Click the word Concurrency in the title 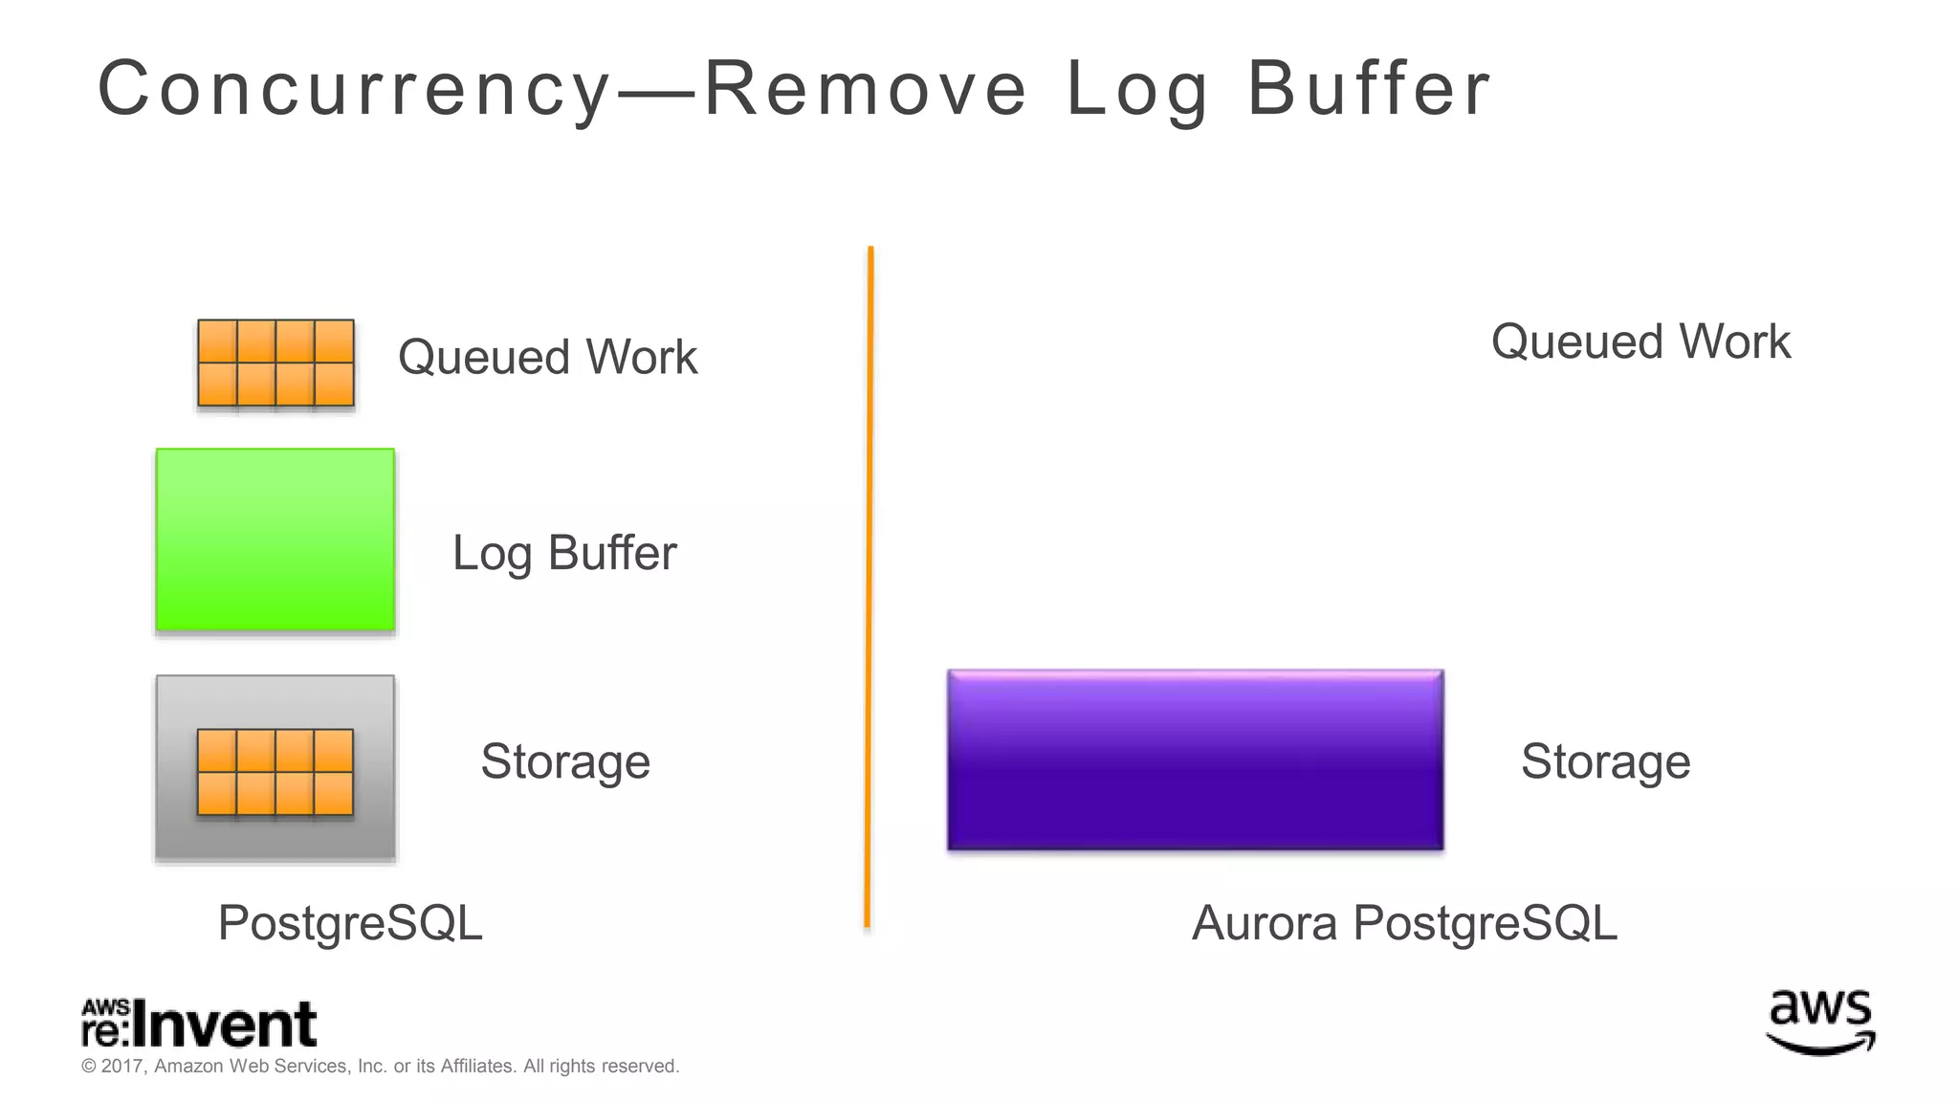[x=354, y=89]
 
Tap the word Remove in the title [x=865, y=89]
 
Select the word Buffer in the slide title [x=1368, y=89]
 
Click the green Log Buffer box [x=275, y=540]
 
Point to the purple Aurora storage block [x=1195, y=760]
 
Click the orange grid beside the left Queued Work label [x=275, y=363]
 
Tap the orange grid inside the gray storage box [x=275, y=772]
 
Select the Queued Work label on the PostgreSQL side [x=547, y=357]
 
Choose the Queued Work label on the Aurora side [x=1640, y=342]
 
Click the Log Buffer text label [x=564, y=553]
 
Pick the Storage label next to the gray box [x=565, y=761]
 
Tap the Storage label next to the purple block [x=1605, y=761]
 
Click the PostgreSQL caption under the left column [x=350, y=923]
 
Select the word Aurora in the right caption [x=1264, y=923]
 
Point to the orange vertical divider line [x=869, y=587]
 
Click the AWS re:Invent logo [x=199, y=1024]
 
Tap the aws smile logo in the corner [x=1820, y=1022]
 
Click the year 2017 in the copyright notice [x=121, y=1067]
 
